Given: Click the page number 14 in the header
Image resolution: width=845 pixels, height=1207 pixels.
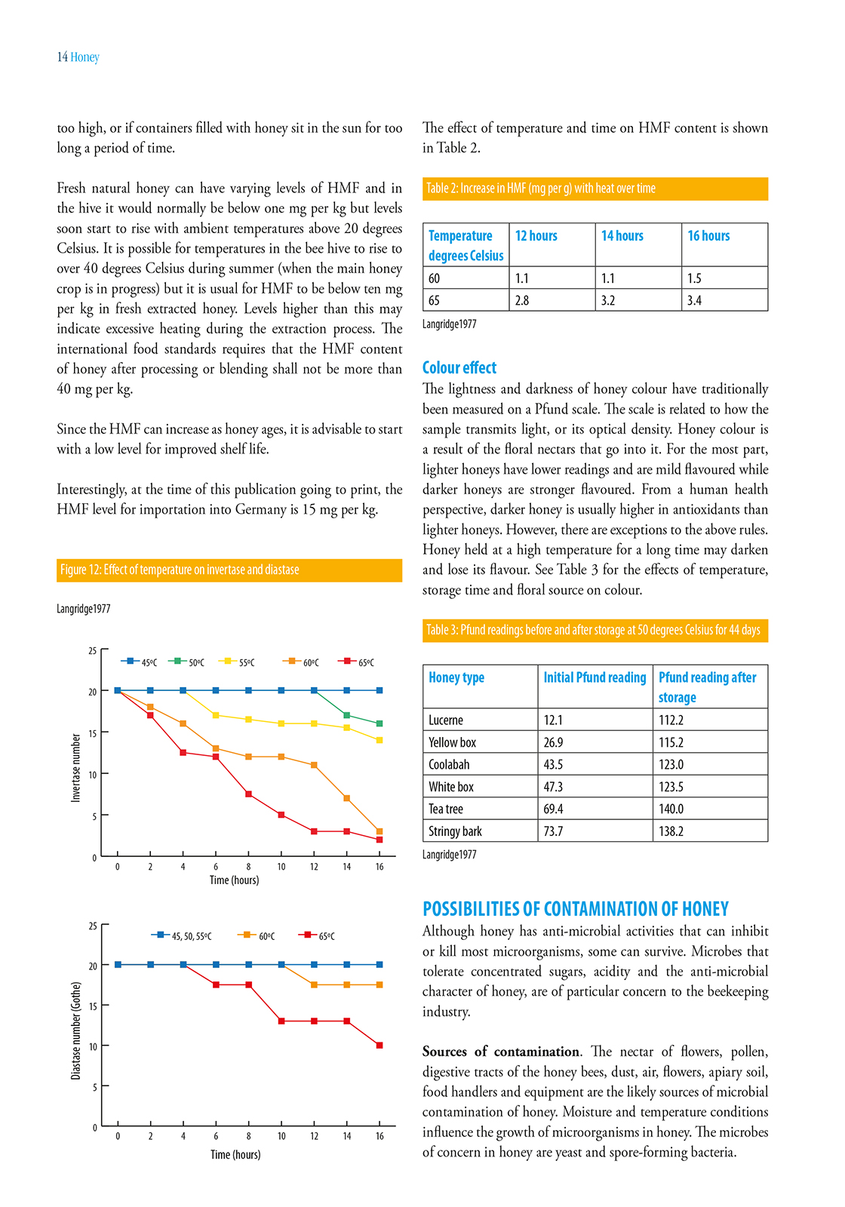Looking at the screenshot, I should (x=62, y=57).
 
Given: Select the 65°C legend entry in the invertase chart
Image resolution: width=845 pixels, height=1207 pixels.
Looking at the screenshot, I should (x=357, y=662).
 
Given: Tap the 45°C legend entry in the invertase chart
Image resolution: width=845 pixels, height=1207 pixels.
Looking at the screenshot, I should (x=140, y=662).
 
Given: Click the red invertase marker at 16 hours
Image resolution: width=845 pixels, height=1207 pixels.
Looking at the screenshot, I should (x=379, y=840).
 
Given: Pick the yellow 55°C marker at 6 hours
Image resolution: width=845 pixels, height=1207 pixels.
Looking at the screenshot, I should (x=216, y=715).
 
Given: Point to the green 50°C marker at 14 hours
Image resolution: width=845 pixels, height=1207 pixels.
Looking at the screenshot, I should (x=347, y=715).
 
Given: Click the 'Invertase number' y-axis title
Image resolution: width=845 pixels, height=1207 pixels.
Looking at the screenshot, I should (x=75, y=767).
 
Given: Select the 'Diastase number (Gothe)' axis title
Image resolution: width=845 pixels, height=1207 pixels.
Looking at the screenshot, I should (x=75, y=1030).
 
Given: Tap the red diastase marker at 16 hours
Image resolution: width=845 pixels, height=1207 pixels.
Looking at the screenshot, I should (x=379, y=1046).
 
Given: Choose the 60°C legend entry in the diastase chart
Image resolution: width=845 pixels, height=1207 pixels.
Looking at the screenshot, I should (x=257, y=936).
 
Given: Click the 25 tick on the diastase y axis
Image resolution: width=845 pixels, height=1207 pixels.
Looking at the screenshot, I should (x=94, y=926).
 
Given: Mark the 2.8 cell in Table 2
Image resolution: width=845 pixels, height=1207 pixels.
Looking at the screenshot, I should (x=522, y=300).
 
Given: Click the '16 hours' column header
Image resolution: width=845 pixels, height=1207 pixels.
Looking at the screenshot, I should (x=708, y=236).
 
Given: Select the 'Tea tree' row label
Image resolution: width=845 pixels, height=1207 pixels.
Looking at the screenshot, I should (x=446, y=809).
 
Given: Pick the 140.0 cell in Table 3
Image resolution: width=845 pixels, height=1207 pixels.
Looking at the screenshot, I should (x=671, y=809).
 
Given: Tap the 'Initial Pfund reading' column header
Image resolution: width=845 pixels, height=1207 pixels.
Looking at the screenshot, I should (x=595, y=677).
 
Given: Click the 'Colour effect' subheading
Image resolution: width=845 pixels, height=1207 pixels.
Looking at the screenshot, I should (x=459, y=368).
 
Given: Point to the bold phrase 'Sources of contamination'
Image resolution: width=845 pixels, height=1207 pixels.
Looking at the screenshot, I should (x=501, y=1052).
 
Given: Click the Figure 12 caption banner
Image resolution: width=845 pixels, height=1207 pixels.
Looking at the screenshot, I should (x=229, y=570).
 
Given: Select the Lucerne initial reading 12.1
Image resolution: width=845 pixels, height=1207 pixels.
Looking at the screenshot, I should (x=553, y=720).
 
